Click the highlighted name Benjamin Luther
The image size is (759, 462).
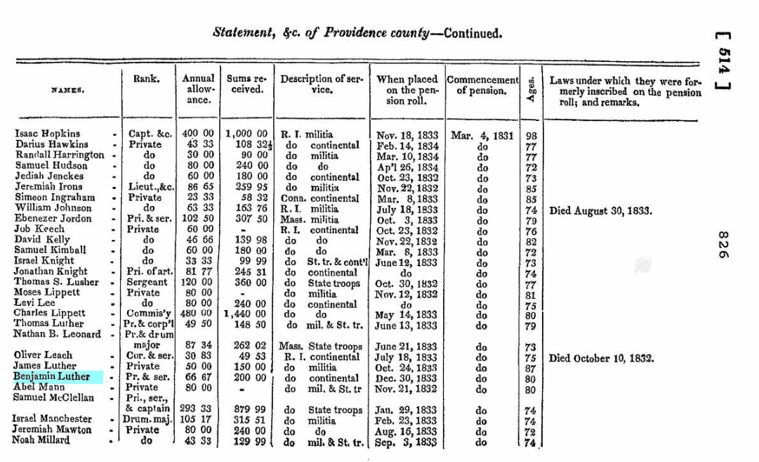(x=52, y=377)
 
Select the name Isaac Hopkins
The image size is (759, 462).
(x=48, y=134)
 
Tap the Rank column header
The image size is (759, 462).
(x=145, y=79)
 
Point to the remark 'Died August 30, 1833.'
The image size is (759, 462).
(x=601, y=210)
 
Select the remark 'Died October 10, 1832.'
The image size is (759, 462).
(x=601, y=358)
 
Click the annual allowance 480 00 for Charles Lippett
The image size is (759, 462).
(x=199, y=313)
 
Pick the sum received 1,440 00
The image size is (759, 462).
(x=246, y=313)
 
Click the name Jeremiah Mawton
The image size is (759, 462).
(x=52, y=430)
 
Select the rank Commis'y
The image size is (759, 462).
(x=146, y=313)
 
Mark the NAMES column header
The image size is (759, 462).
(x=67, y=90)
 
